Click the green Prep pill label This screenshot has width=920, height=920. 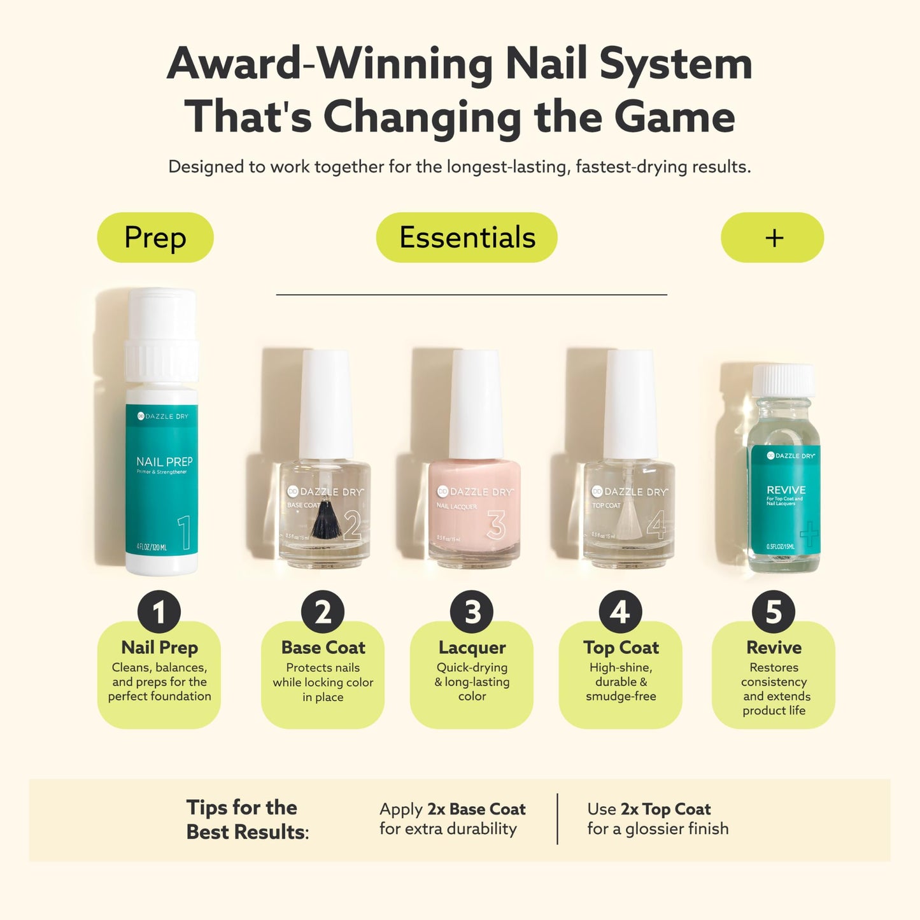(x=155, y=237)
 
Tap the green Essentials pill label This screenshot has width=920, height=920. (x=467, y=237)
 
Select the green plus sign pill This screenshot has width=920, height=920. (x=772, y=237)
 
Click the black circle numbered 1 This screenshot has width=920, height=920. (x=159, y=612)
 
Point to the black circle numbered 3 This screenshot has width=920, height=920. (x=472, y=612)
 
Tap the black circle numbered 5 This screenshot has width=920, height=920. (x=773, y=612)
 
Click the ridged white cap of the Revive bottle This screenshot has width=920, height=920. (x=783, y=380)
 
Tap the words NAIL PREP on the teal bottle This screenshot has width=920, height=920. (x=164, y=462)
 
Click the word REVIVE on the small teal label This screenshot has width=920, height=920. (x=786, y=490)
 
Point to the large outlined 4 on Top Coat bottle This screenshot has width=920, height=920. (x=656, y=526)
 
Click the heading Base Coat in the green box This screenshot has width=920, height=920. (x=323, y=648)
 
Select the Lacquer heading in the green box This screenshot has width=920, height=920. (x=472, y=648)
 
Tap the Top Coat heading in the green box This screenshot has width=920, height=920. (x=621, y=648)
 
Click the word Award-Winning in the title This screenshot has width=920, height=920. (x=329, y=64)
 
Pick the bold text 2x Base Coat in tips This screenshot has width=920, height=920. (x=476, y=809)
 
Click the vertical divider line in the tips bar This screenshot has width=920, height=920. (x=558, y=819)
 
